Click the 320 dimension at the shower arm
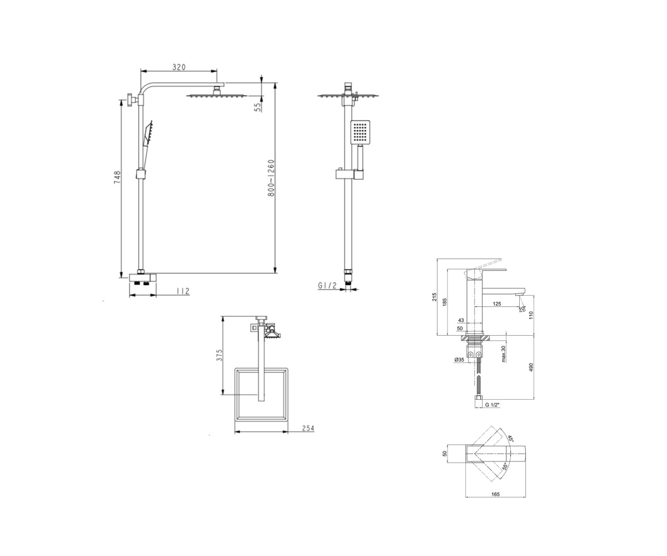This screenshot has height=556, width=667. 179,67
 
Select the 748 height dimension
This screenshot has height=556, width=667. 117,177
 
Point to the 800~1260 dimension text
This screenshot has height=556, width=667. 271,178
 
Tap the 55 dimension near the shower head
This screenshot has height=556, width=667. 257,107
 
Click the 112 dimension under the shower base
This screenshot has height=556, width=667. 183,291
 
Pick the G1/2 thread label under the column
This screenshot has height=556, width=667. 327,286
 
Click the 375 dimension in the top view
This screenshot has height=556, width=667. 220,355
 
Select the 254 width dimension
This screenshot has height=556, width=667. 308,428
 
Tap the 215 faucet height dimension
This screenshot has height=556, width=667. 434,297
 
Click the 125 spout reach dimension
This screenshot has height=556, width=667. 497,304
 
